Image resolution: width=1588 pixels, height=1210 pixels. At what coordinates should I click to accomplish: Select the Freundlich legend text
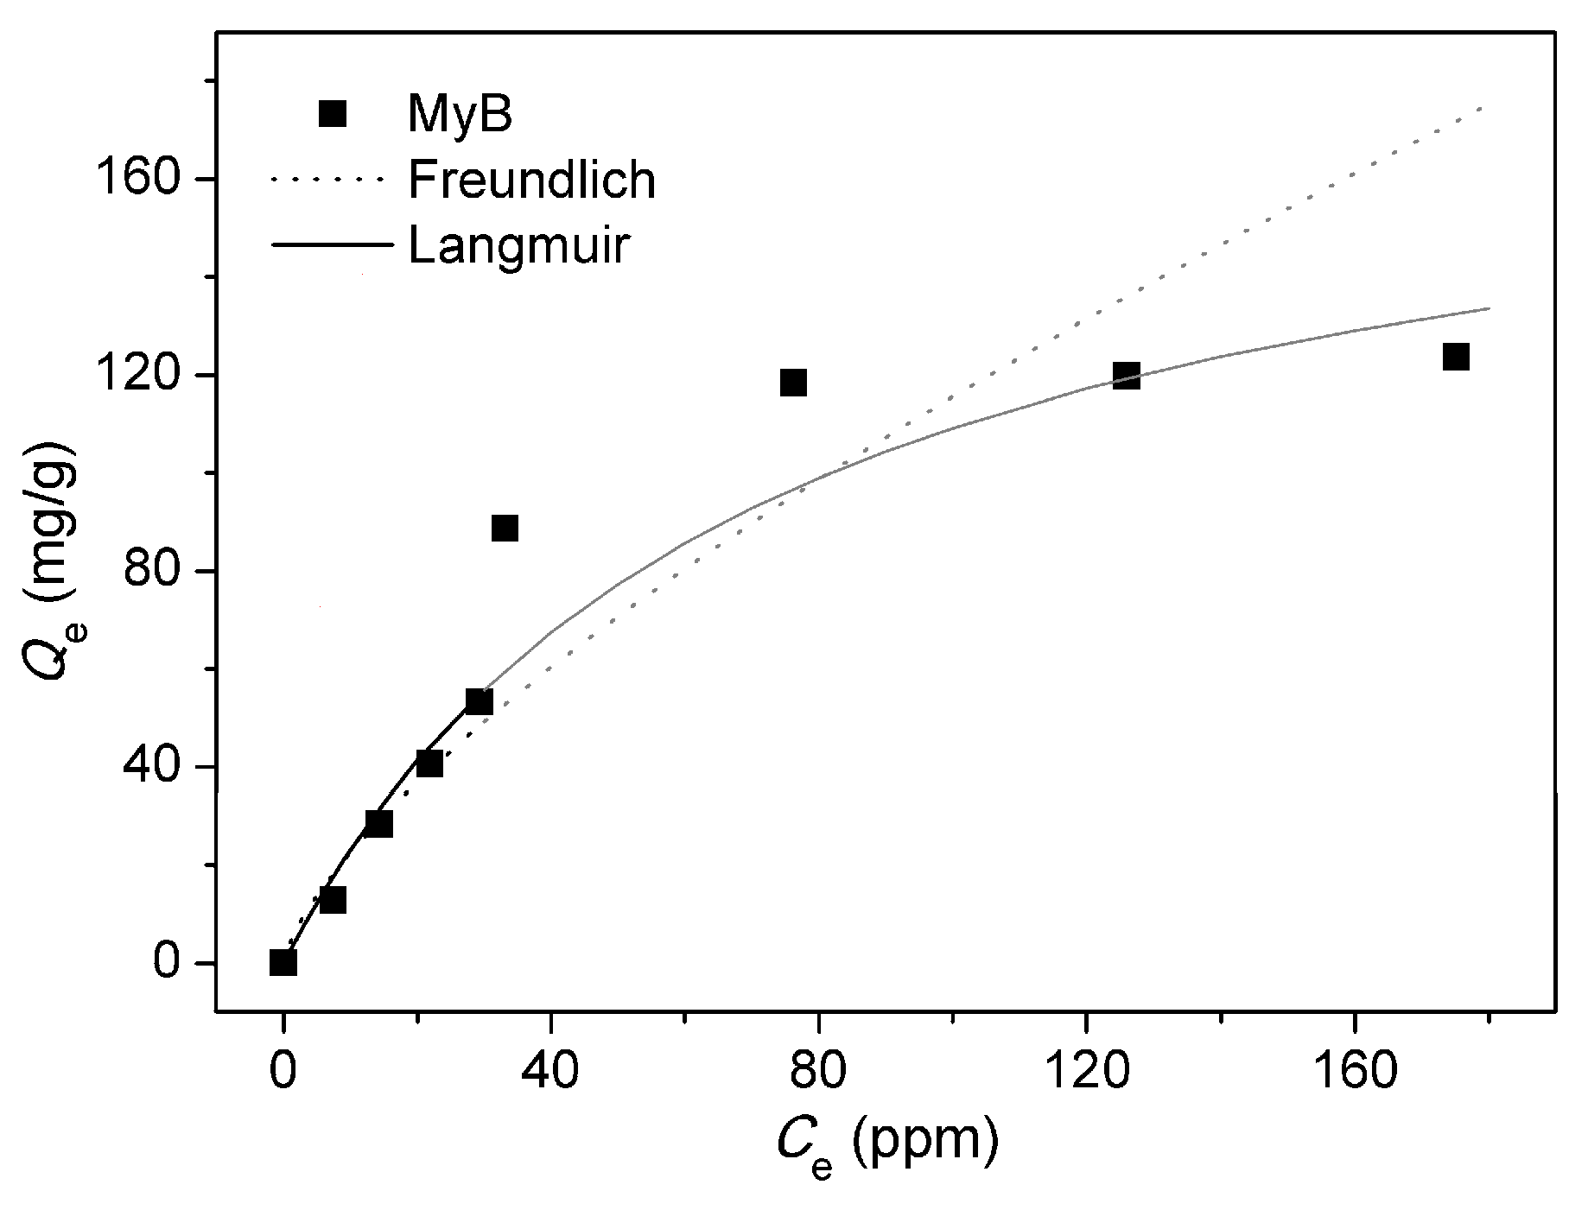531,181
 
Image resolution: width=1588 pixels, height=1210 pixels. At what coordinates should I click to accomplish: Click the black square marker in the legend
333,113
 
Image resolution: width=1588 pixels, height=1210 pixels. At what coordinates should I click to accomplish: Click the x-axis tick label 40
550,1070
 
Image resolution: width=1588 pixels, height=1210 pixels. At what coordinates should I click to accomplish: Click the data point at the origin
283,962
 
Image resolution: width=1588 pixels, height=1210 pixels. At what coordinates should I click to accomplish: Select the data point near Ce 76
793,383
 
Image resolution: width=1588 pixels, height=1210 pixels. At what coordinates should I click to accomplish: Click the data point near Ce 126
1127,376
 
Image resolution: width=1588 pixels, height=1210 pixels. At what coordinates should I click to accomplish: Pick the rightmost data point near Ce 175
1456,357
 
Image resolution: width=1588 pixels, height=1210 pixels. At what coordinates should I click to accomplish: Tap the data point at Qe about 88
505,529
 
